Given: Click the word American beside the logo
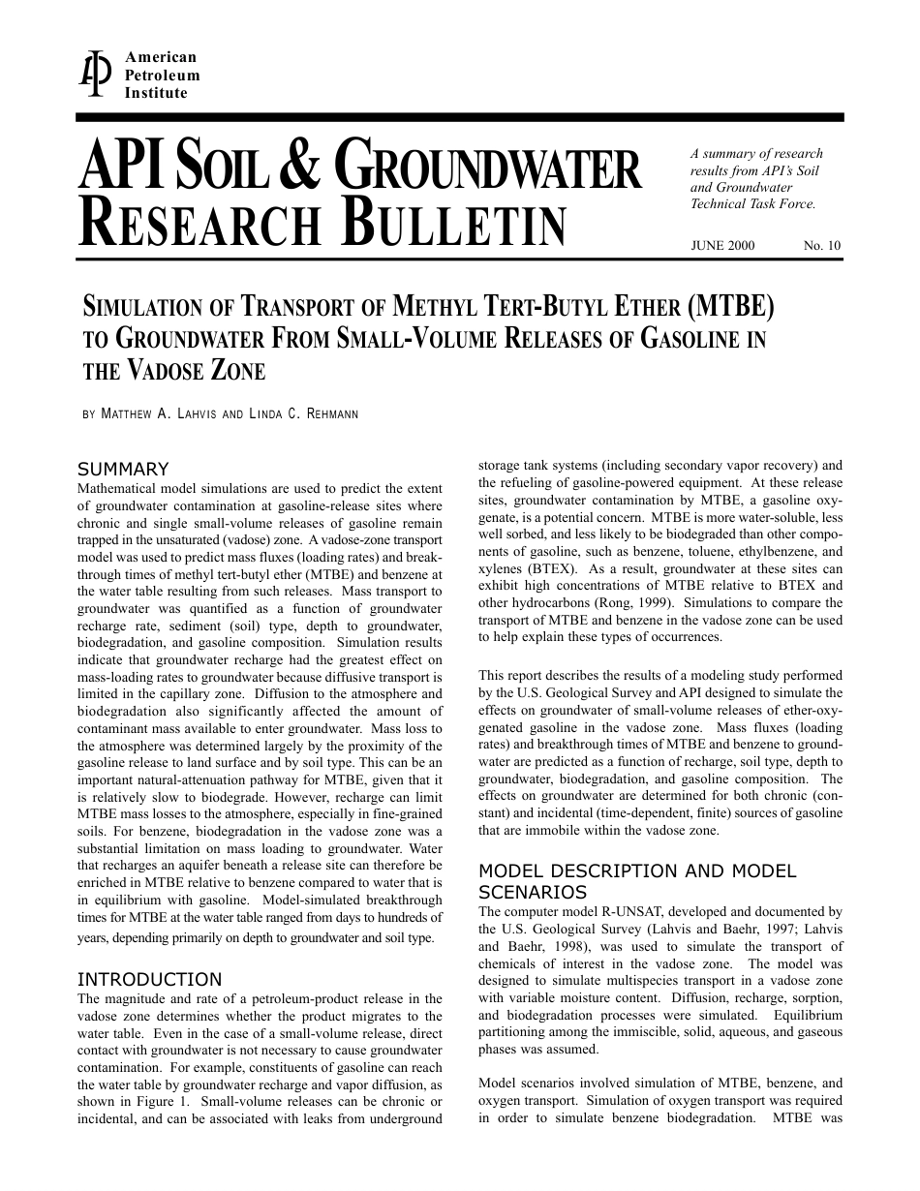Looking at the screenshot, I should (161, 58).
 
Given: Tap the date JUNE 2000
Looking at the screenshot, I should (722, 246).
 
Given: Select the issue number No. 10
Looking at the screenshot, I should (822, 246).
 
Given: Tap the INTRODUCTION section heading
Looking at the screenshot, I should (149, 979).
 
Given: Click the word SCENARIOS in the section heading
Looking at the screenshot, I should (533, 891).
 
